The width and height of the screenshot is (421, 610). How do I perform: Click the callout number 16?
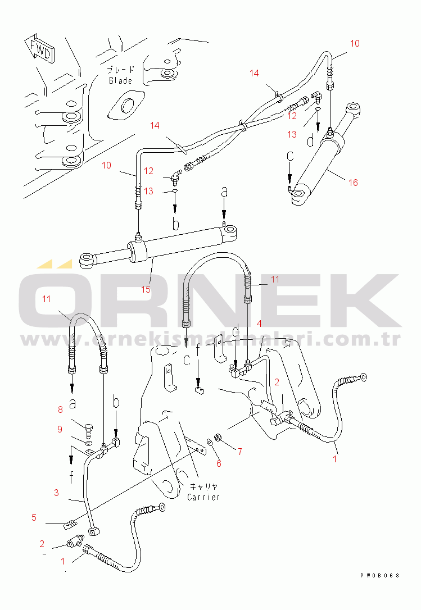pyautogui.click(x=352, y=183)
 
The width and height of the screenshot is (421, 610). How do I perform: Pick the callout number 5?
pyautogui.click(x=34, y=517)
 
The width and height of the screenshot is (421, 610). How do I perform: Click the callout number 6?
pyautogui.click(x=219, y=463)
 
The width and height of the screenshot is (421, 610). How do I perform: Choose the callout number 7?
pyautogui.click(x=239, y=450)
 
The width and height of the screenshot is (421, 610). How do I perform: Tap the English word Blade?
pyautogui.click(x=120, y=80)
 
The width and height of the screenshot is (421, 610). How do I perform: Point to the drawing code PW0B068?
pyautogui.click(x=380, y=576)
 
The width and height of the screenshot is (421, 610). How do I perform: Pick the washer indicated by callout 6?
pyautogui.click(x=210, y=443)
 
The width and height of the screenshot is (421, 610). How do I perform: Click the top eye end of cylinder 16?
pyautogui.click(x=353, y=107)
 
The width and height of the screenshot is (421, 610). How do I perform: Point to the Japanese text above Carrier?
pyautogui.click(x=203, y=487)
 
